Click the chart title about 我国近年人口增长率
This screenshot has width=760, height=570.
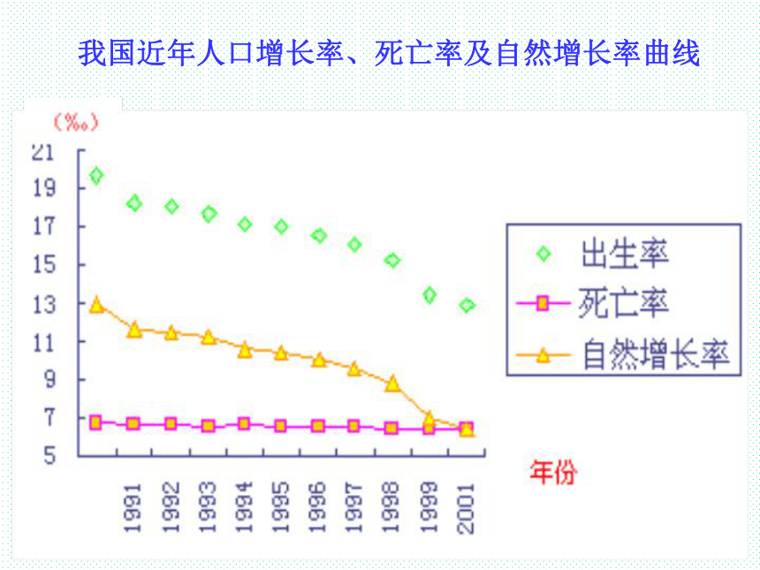coord(389,53)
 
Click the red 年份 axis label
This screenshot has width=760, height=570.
coord(553,472)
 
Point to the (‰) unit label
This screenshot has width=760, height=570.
coord(76,122)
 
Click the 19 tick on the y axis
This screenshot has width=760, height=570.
coord(44,188)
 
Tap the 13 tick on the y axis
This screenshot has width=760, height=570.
coord(44,304)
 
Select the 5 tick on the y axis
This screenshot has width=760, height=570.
coord(50,456)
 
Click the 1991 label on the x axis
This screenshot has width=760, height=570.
coord(132,508)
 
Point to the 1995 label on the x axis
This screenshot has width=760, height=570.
coord(280,508)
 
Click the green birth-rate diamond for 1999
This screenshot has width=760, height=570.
coord(429,294)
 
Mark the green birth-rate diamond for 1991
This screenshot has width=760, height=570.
coord(134,203)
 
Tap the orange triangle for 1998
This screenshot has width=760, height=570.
coord(392,384)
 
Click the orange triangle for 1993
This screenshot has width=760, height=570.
coord(209,337)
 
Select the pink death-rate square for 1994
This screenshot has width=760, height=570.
coord(244,424)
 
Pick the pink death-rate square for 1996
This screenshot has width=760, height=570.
coord(318,427)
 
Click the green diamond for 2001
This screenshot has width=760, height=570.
coord(467,306)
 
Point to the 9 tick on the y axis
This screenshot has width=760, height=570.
coord(50,379)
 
